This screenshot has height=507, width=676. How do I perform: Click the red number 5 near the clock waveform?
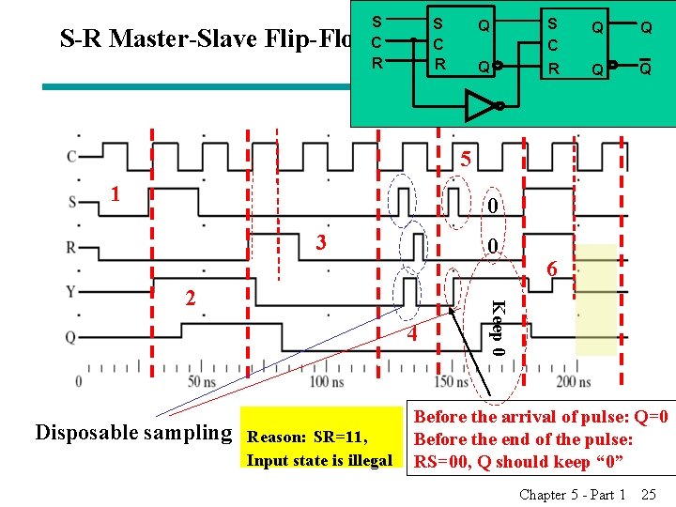[x=465, y=159]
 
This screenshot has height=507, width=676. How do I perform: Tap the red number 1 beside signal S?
[x=115, y=194]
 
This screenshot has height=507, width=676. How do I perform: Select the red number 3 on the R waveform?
[x=321, y=242]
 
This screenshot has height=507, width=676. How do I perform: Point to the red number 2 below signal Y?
[x=191, y=298]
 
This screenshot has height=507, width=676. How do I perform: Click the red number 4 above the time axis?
[x=411, y=335]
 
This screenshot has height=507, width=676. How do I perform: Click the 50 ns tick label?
[x=203, y=381]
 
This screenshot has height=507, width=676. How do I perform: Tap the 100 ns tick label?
[x=325, y=381]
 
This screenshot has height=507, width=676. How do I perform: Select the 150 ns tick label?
[x=446, y=381]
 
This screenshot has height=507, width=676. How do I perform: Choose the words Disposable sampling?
[x=133, y=432]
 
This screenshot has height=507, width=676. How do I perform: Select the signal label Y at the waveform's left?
[x=71, y=290]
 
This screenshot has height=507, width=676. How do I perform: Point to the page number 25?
[x=648, y=494]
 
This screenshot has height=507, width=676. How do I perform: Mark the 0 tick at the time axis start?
[x=78, y=381]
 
